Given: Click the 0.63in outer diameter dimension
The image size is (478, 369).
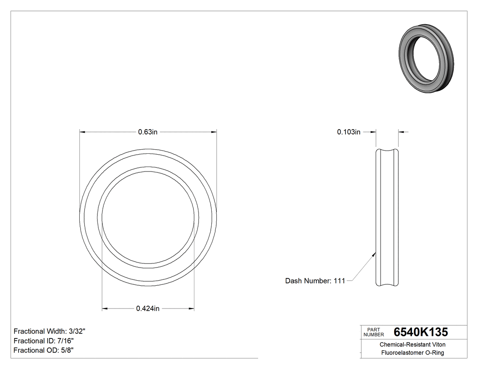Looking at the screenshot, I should (148, 132).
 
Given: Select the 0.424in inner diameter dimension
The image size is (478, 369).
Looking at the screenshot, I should (148, 308).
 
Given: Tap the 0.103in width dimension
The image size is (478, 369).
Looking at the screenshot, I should (349, 132).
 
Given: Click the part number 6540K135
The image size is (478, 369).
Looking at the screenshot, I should (421, 332).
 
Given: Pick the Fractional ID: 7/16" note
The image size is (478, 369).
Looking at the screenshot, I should (44, 341).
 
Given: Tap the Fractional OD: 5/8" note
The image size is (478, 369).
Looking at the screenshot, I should (44, 350).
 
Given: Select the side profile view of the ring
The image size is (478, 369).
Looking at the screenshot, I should (387, 218).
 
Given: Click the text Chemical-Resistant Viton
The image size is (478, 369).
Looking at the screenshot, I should (412, 345).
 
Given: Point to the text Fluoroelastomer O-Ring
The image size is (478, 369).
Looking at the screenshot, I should (412, 353).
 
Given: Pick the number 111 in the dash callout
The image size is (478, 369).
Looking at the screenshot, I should (339, 281).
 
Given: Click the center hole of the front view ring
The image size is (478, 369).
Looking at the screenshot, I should (148, 218).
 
